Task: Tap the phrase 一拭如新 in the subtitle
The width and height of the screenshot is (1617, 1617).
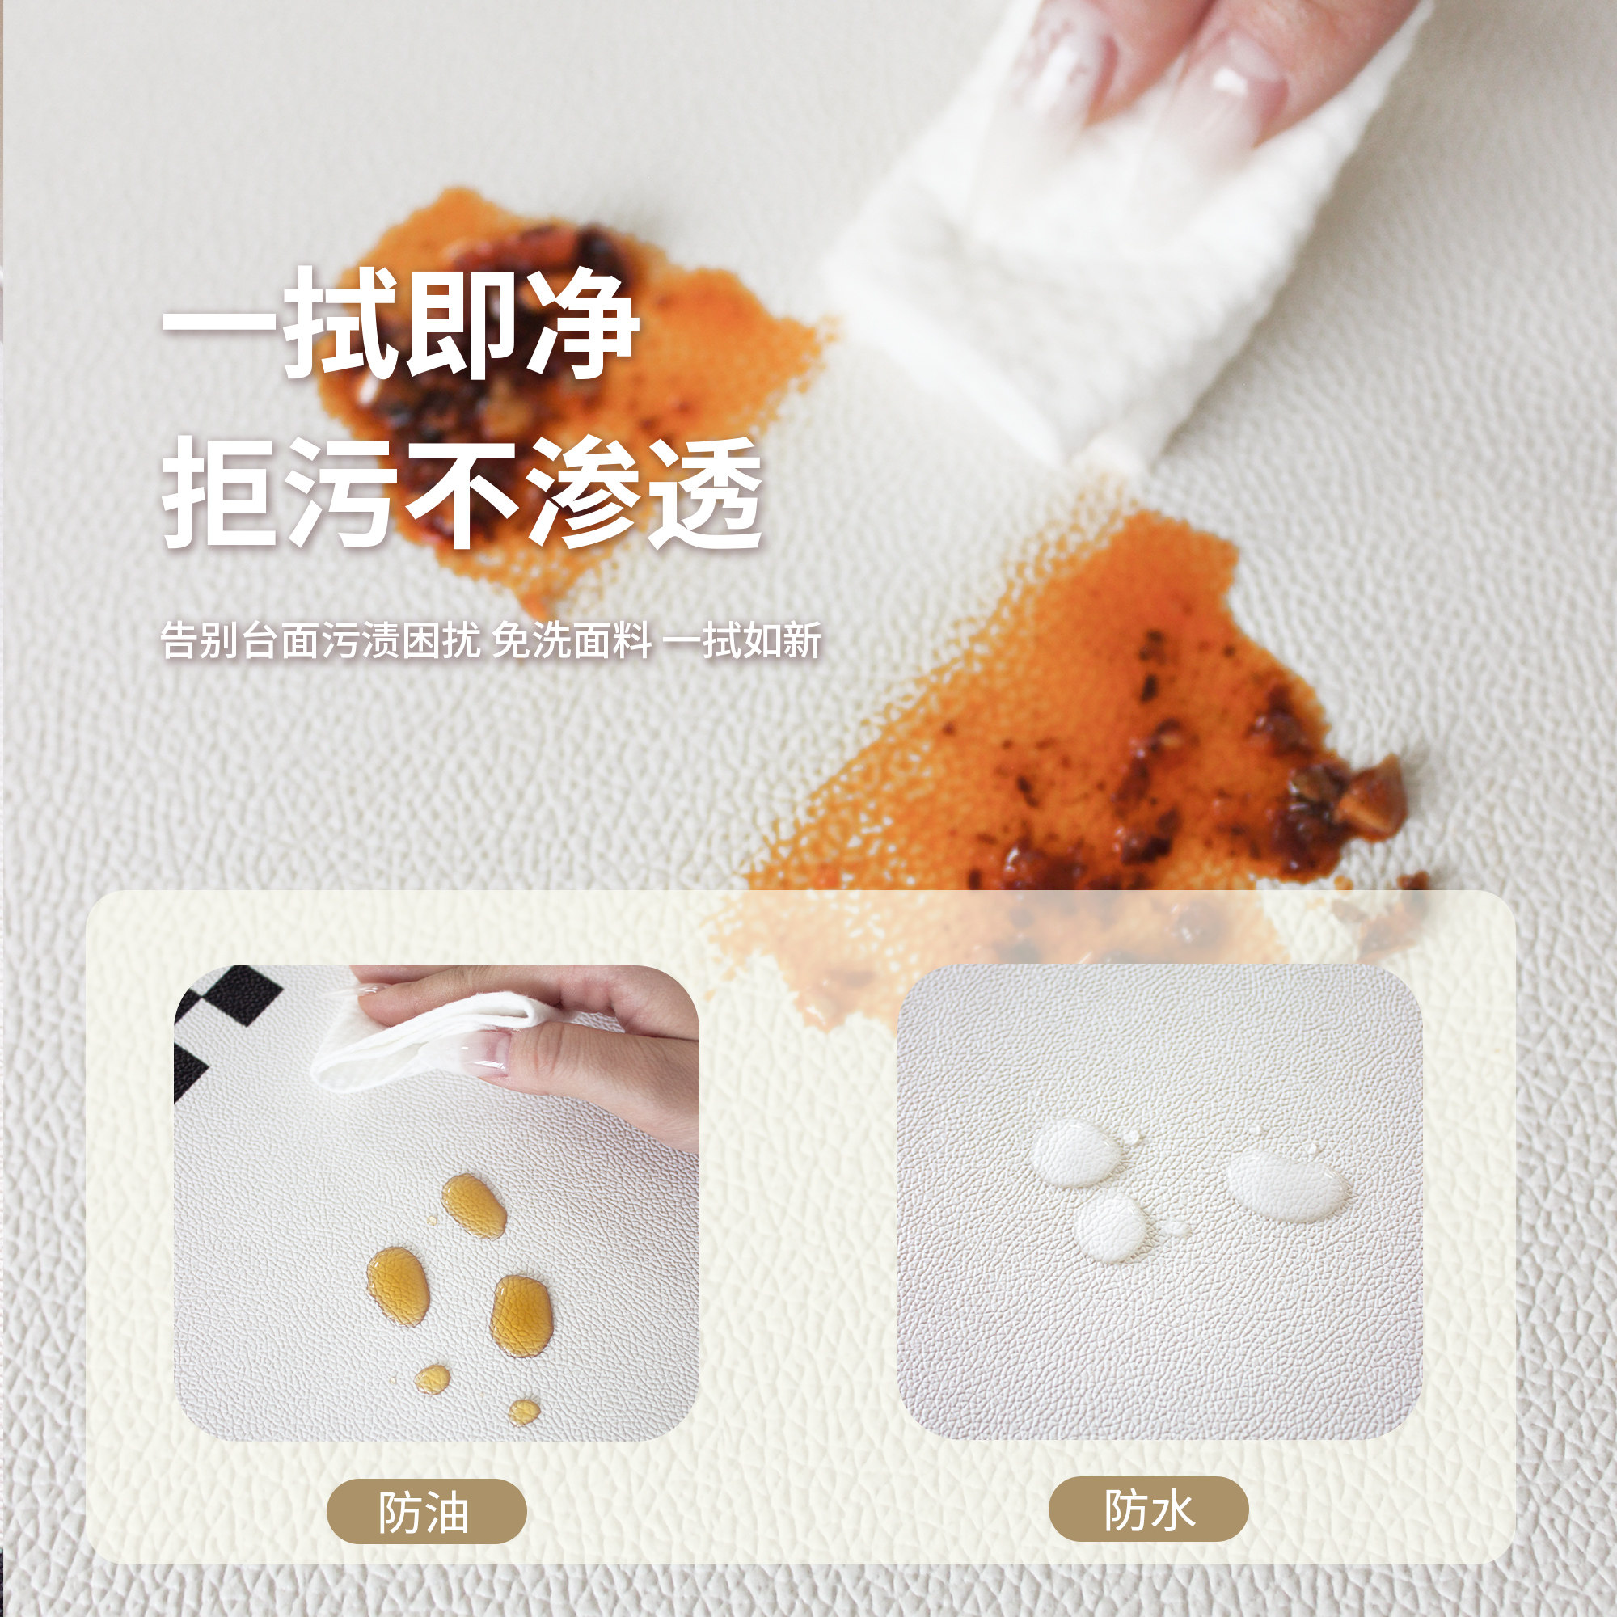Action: [741, 641]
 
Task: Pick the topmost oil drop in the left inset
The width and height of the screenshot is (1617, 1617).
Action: [474, 1205]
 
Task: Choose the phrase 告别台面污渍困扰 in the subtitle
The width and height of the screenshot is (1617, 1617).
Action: [320, 641]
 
